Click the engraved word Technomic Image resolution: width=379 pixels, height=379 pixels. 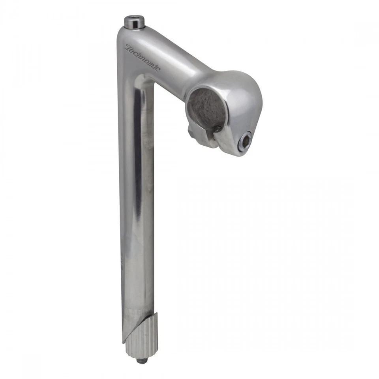coord(143,58)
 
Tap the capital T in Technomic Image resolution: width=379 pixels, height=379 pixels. coord(128,47)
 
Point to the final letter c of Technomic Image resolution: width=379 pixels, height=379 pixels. coord(158,69)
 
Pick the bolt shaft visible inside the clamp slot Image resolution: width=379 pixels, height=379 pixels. coord(218,128)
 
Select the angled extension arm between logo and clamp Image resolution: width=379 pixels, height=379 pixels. coord(178,71)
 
